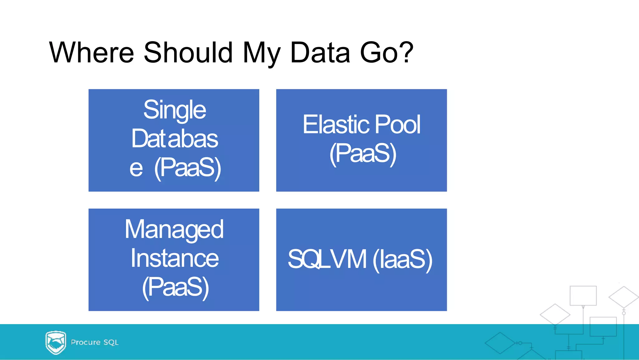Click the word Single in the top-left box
(174, 110)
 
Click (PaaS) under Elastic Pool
(363, 154)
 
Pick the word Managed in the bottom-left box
(174, 229)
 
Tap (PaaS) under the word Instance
(175, 287)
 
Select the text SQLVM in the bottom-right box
(327, 259)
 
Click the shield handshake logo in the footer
(56, 343)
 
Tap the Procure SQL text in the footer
(95, 342)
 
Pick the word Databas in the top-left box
(174, 139)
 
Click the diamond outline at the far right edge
(623, 297)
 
